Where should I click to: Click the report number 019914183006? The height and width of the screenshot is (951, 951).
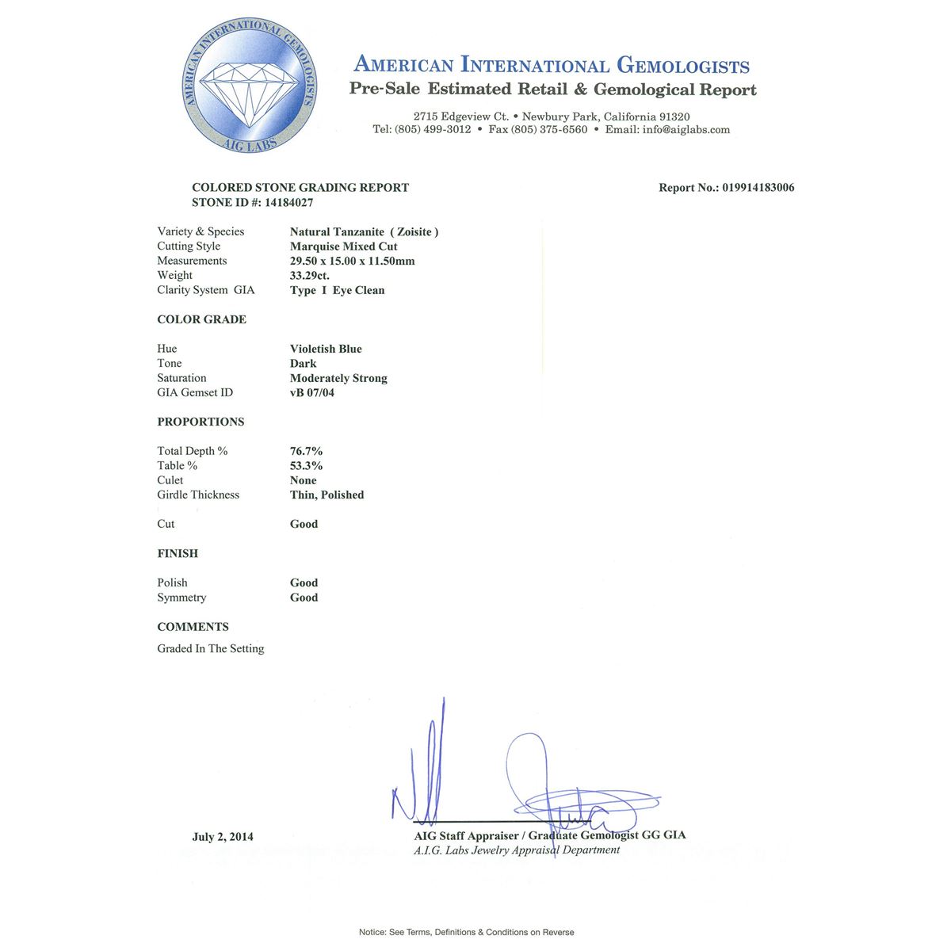(758, 188)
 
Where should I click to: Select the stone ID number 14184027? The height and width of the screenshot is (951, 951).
(288, 203)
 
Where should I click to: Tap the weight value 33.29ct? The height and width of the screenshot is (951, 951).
(310, 276)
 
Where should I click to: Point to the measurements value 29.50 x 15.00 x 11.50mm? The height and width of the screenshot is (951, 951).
(353, 261)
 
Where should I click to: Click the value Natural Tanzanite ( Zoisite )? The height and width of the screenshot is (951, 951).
(364, 231)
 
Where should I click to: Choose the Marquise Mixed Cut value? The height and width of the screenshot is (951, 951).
(344, 246)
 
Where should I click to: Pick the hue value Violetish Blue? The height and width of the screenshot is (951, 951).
(326, 349)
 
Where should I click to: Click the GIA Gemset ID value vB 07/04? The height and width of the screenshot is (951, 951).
(312, 392)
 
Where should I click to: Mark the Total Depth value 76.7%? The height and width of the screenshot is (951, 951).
(307, 451)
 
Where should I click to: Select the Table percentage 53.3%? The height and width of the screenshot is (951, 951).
(307, 466)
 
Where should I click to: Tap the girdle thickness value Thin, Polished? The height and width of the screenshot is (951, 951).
(327, 495)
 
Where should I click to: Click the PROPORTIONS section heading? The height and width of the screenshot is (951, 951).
(201, 422)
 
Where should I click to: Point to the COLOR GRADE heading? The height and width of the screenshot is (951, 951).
(201, 319)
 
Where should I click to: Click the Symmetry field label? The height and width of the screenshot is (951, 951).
(181, 598)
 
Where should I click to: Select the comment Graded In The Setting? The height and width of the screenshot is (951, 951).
(211, 648)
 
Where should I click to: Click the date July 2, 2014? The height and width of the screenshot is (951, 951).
(223, 837)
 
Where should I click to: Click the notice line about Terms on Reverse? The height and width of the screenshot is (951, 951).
(467, 932)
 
